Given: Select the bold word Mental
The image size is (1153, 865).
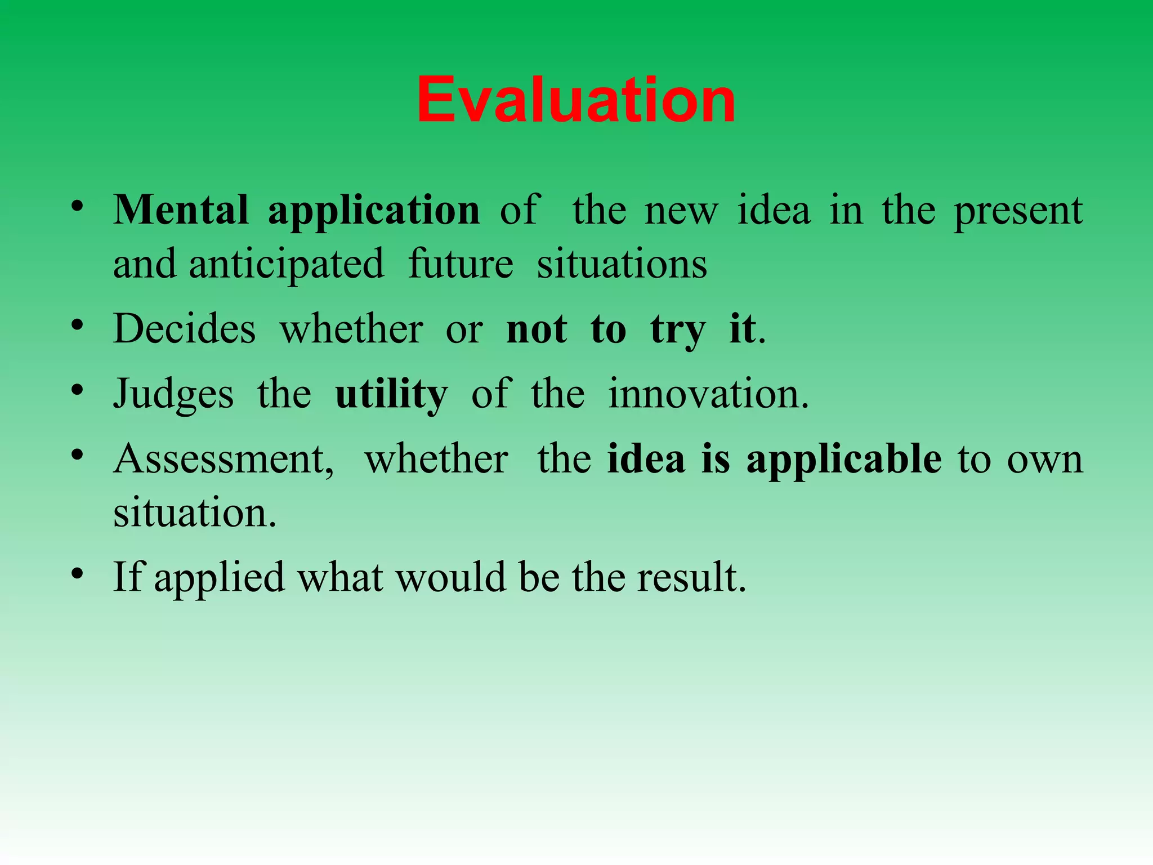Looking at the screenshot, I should [x=181, y=210].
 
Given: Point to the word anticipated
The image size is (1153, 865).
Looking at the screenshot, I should [x=286, y=265].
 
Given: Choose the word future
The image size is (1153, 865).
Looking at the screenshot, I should [x=461, y=265].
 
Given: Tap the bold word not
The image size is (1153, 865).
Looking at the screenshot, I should [x=537, y=329].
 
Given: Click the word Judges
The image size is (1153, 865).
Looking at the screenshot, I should [x=173, y=394].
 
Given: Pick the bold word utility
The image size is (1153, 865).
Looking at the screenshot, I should [x=391, y=394].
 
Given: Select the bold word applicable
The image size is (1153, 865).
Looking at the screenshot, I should [x=843, y=460].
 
